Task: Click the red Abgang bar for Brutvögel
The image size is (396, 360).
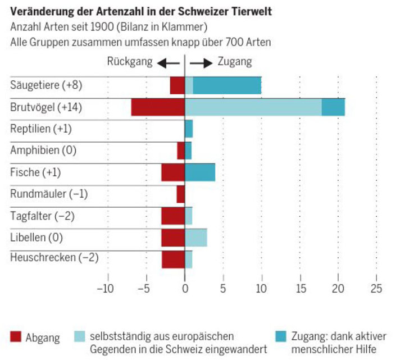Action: [x=158, y=107]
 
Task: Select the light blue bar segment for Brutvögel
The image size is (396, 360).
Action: [x=253, y=107]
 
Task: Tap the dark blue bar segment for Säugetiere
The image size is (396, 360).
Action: [x=227, y=85]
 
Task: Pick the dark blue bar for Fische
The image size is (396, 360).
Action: [x=200, y=172]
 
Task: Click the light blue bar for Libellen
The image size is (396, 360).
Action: [x=195, y=238]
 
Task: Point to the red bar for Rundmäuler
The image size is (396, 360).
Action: [x=180, y=194]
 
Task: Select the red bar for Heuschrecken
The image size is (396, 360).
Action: [x=173, y=259]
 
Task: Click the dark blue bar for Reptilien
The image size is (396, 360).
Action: [x=189, y=129]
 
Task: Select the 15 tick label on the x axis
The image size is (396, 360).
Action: [x=299, y=289]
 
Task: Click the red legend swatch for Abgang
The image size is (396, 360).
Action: [x=16, y=337]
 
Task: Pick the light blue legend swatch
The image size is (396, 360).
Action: [x=81, y=337]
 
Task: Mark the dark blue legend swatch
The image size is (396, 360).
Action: [x=281, y=337]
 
